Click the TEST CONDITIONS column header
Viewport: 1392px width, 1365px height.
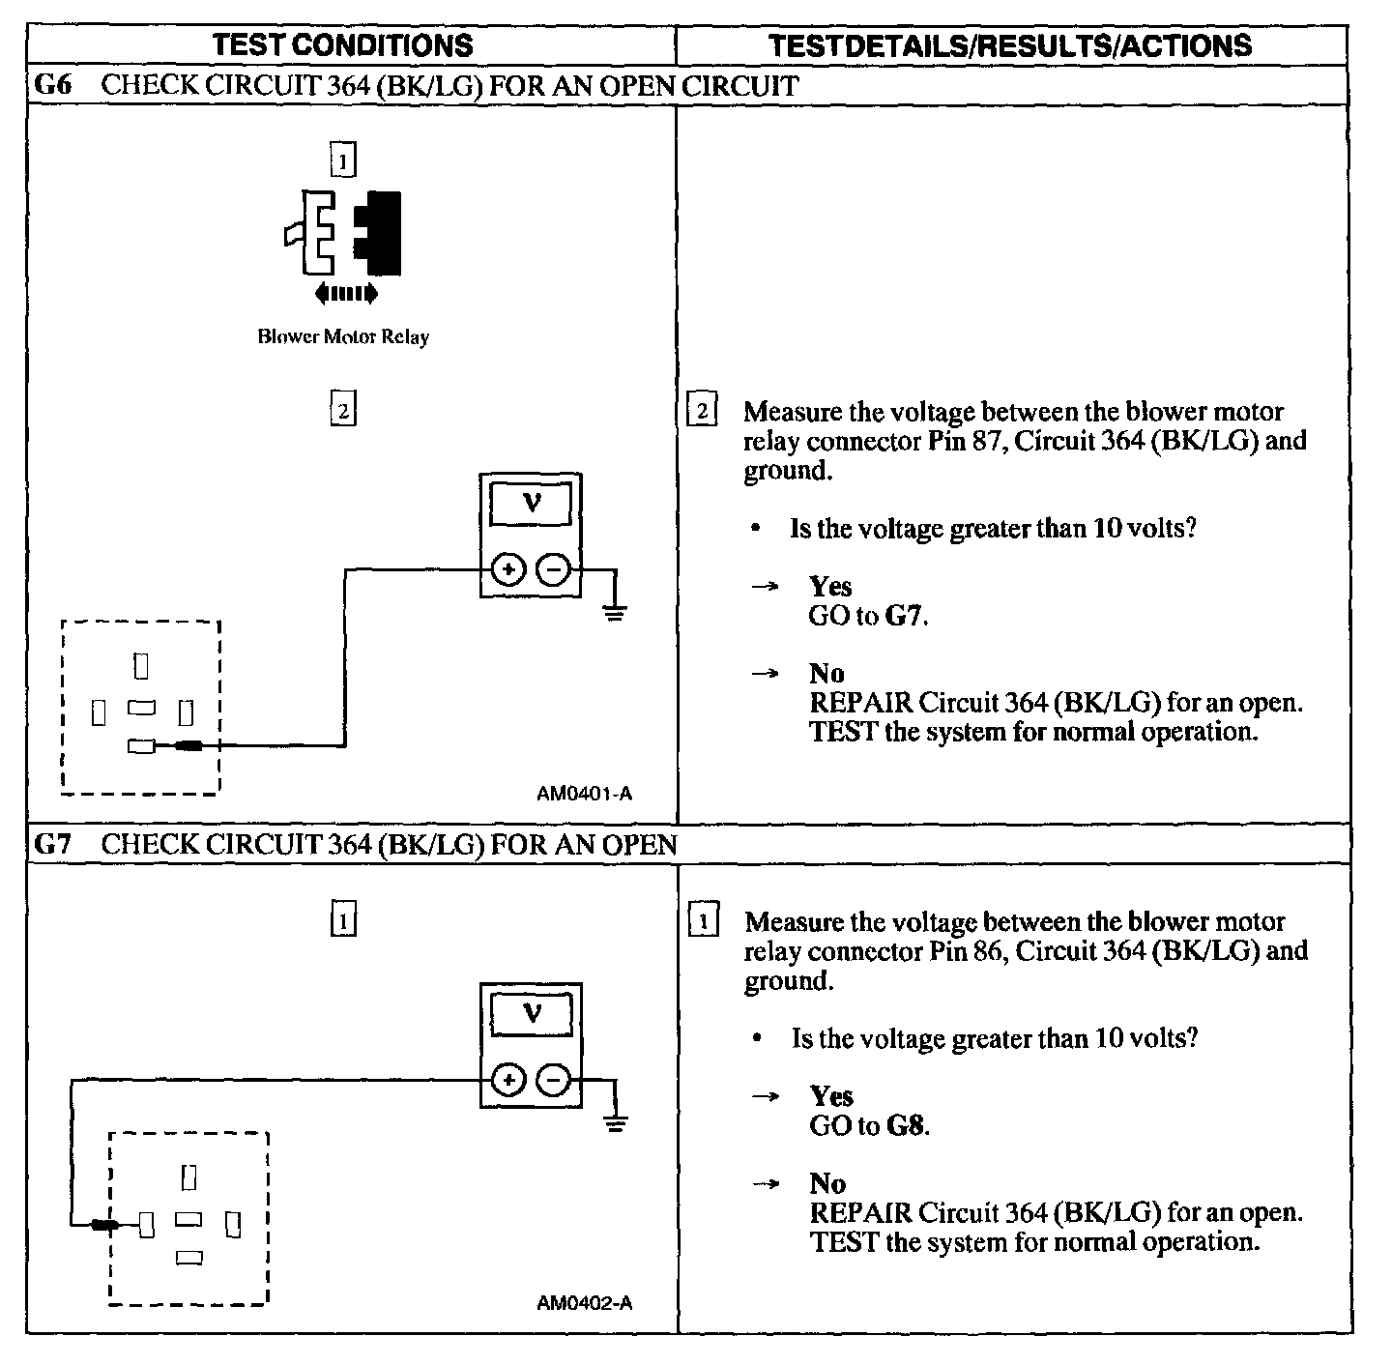(x=343, y=45)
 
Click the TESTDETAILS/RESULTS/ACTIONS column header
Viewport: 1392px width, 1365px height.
(x=1009, y=45)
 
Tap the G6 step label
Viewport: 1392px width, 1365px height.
(x=52, y=85)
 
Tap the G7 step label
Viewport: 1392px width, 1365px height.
(x=52, y=844)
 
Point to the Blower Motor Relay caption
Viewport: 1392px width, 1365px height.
(x=343, y=337)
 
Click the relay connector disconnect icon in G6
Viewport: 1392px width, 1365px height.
(x=343, y=232)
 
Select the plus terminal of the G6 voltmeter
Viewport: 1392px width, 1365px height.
(x=507, y=569)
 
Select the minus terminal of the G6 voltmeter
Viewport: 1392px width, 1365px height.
(x=553, y=569)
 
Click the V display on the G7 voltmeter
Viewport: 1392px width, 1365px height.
(x=531, y=1013)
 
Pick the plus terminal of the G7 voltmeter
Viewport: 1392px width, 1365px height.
(x=507, y=1080)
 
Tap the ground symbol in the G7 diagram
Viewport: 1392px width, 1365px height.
(x=615, y=1121)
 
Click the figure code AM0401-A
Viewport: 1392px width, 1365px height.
(x=584, y=794)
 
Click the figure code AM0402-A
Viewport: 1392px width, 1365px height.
(x=584, y=1303)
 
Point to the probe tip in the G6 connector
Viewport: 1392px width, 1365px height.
(x=189, y=745)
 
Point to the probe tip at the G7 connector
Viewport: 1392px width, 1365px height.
(x=103, y=1226)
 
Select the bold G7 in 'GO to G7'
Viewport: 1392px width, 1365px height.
(x=905, y=616)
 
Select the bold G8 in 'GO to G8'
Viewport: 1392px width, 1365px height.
(x=906, y=1125)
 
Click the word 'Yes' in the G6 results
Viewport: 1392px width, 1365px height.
(x=830, y=586)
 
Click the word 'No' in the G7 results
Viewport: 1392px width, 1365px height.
(x=827, y=1183)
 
